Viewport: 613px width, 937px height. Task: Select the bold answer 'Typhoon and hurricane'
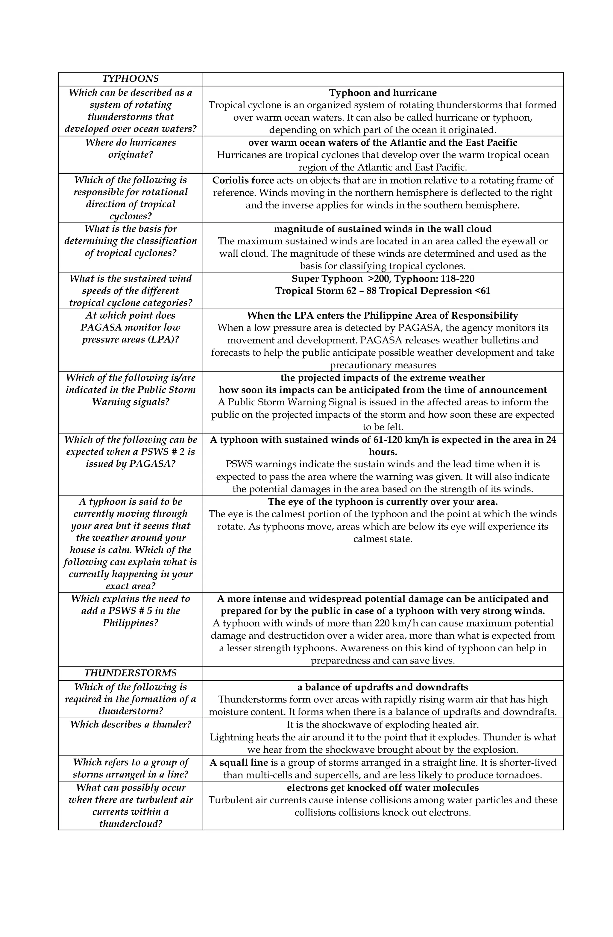(383, 93)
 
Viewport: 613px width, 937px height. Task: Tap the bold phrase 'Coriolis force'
(243, 180)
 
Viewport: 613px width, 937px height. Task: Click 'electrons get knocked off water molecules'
(383, 788)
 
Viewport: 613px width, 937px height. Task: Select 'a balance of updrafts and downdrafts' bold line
(383, 687)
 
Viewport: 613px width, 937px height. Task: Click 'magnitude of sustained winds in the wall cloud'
(383, 229)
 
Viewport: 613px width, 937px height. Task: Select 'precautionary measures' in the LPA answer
(383, 365)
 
